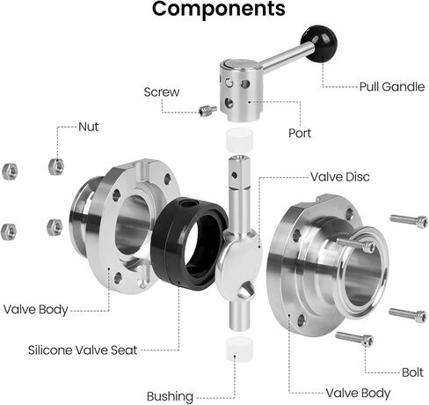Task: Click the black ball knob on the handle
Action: point(319,43)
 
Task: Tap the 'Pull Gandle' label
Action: point(392,87)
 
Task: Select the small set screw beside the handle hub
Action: point(207,111)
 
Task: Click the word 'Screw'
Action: point(162,92)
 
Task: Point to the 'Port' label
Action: point(300,133)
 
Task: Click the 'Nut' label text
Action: point(89,127)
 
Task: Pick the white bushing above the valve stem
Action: point(239,139)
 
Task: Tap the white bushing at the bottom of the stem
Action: point(239,349)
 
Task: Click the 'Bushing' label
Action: point(170,396)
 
